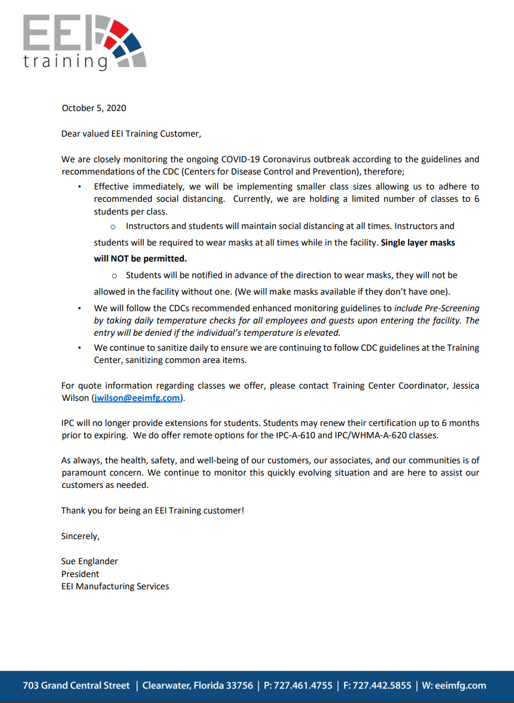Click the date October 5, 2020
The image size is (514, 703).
click(x=94, y=108)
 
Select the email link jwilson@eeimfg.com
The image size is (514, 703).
click(x=137, y=398)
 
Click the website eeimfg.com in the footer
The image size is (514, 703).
click(x=460, y=686)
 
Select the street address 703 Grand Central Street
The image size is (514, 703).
click(x=76, y=686)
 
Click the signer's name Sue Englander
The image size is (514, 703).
click(x=89, y=562)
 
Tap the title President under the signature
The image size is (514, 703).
click(x=80, y=574)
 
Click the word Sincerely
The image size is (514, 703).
click(x=80, y=536)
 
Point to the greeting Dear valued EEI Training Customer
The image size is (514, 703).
click(x=131, y=134)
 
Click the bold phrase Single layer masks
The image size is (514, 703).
click(x=417, y=243)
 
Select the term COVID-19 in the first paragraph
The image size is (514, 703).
click(x=240, y=160)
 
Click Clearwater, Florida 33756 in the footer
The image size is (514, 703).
click(x=197, y=686)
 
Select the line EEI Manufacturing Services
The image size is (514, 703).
click(x=115, y=587)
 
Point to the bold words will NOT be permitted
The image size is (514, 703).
click(x=140, y=259)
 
